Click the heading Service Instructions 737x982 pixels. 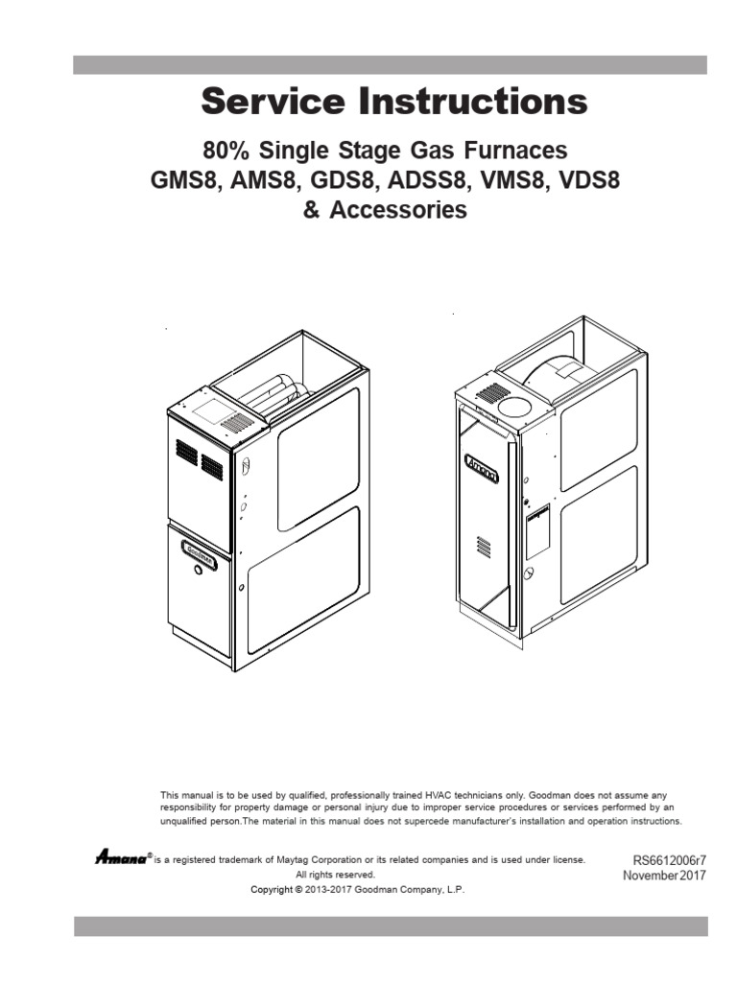point(393,103)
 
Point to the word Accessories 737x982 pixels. point(398,210)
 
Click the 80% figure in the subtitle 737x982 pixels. point(226,151)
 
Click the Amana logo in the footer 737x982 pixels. point(119,857)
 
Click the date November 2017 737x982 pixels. point(665,876)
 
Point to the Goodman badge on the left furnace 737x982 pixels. point(199,553)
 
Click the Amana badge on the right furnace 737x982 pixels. point(482,469)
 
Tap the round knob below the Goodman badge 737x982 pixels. point(199,570)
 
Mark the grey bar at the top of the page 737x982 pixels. point(391,64)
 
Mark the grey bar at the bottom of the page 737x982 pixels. point(391,925)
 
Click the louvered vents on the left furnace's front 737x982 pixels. point(199,460)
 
